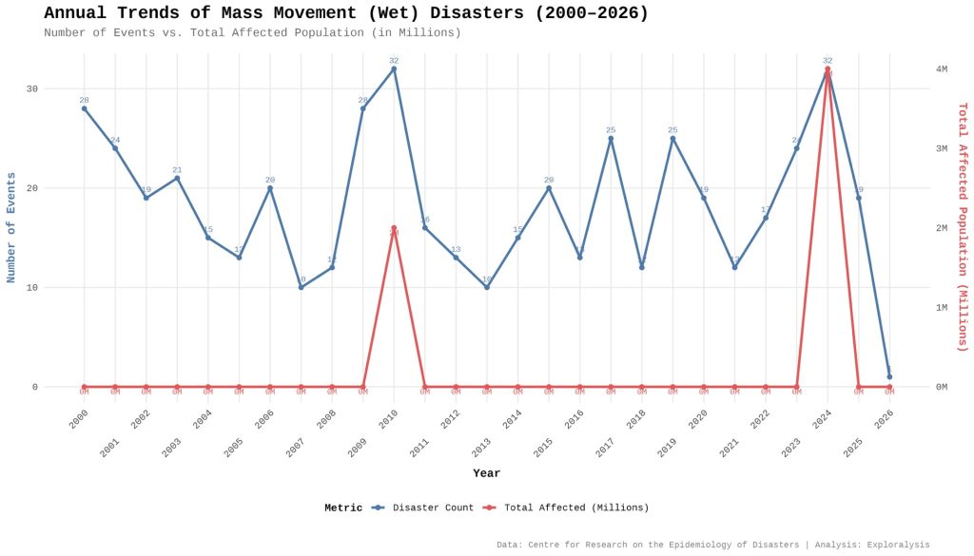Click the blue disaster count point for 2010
(x=394, y=68)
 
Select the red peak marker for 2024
(x=828, y=68)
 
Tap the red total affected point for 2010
(x=394, y=228)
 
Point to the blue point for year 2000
(x=84, y=108)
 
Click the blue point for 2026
(x=889, y=376)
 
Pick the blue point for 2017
(x=611, y=139)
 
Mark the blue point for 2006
(x=270, y=188)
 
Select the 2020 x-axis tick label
(x=698, y=419)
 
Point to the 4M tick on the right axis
(x=941, y=68)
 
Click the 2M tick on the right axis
(x=941, y=228)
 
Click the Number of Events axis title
(x=11, y=228)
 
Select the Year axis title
(x=486, y=473)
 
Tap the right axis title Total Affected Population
(x=962, y=228)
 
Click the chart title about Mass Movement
(x=346, y=13)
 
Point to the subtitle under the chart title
(x=252, y=33)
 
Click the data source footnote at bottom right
(x=712, y=545)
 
